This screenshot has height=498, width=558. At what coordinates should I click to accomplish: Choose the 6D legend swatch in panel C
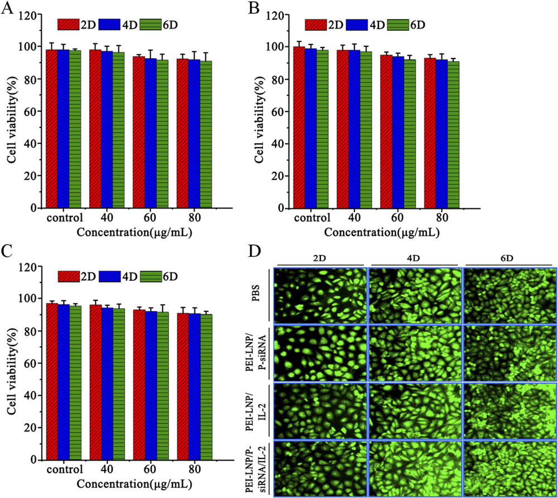point(149,276)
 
